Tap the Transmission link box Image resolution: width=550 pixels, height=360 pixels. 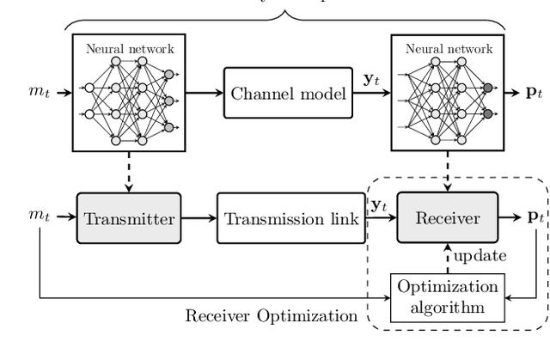[x=290, y=218]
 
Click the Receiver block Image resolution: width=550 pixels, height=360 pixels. [x=446, y=218]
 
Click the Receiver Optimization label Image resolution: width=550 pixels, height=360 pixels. [x=271, y=316]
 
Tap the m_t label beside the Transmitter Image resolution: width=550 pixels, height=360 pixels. [x=34, y=218]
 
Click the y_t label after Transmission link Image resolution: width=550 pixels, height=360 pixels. [x=379, y=206]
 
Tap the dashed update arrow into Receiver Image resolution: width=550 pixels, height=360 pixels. [x=446, y=259]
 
